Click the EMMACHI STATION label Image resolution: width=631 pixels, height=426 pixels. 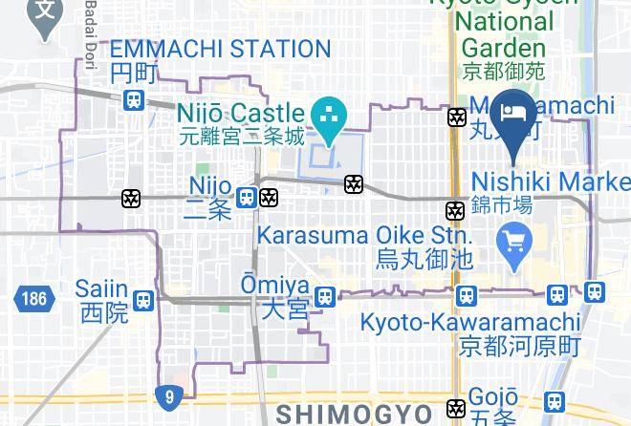(x=219, y=49)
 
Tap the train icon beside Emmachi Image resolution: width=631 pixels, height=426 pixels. (x=134, y=98)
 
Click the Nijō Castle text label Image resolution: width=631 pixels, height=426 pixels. (x=238, y=114)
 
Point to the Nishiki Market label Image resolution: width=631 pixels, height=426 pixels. (x=551, y=181)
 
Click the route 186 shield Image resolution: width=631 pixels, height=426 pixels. (x=31, y=298)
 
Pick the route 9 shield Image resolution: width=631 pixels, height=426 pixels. (x=169, y=394)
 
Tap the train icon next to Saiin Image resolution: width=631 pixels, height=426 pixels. (x=143, y=300)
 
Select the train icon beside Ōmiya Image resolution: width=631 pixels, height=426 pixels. (x=326, y=298)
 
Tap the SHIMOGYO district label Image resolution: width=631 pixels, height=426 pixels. (x=355, y=413)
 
